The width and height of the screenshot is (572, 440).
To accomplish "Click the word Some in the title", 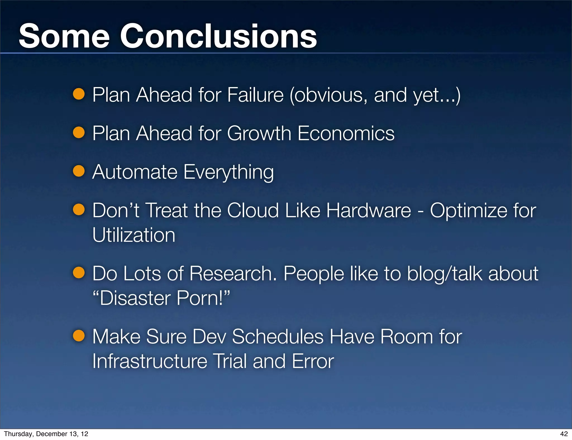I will click(x=64, y=36).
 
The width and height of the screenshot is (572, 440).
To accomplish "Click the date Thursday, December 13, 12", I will click(x=46, y=434).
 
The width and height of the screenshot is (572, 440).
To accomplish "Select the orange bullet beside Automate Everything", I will click(x=79, y=171).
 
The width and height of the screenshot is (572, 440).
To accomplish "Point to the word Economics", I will click(x=346, y=133).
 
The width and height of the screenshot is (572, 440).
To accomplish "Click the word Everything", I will click(x=228, y=172).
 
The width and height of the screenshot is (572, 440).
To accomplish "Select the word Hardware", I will click(x=368, y=210).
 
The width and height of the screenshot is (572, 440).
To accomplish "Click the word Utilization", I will click(x=134, y=235).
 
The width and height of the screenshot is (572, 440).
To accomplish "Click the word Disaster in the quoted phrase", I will click(x=135, y=298).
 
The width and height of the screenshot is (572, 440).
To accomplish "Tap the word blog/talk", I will click(x=444, y=273).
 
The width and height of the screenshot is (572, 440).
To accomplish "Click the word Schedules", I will click(x=278, y=336).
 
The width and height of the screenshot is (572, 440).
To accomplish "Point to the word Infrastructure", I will click(x=150, y=361).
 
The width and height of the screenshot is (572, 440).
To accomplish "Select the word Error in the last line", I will click(x=313, y=361).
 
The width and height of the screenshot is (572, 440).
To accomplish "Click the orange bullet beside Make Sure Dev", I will click(x=79, y=336).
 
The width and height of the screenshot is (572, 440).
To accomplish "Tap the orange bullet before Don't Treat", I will click(x=79, y=209).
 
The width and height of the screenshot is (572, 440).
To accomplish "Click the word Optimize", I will click(x=468, y=211).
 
